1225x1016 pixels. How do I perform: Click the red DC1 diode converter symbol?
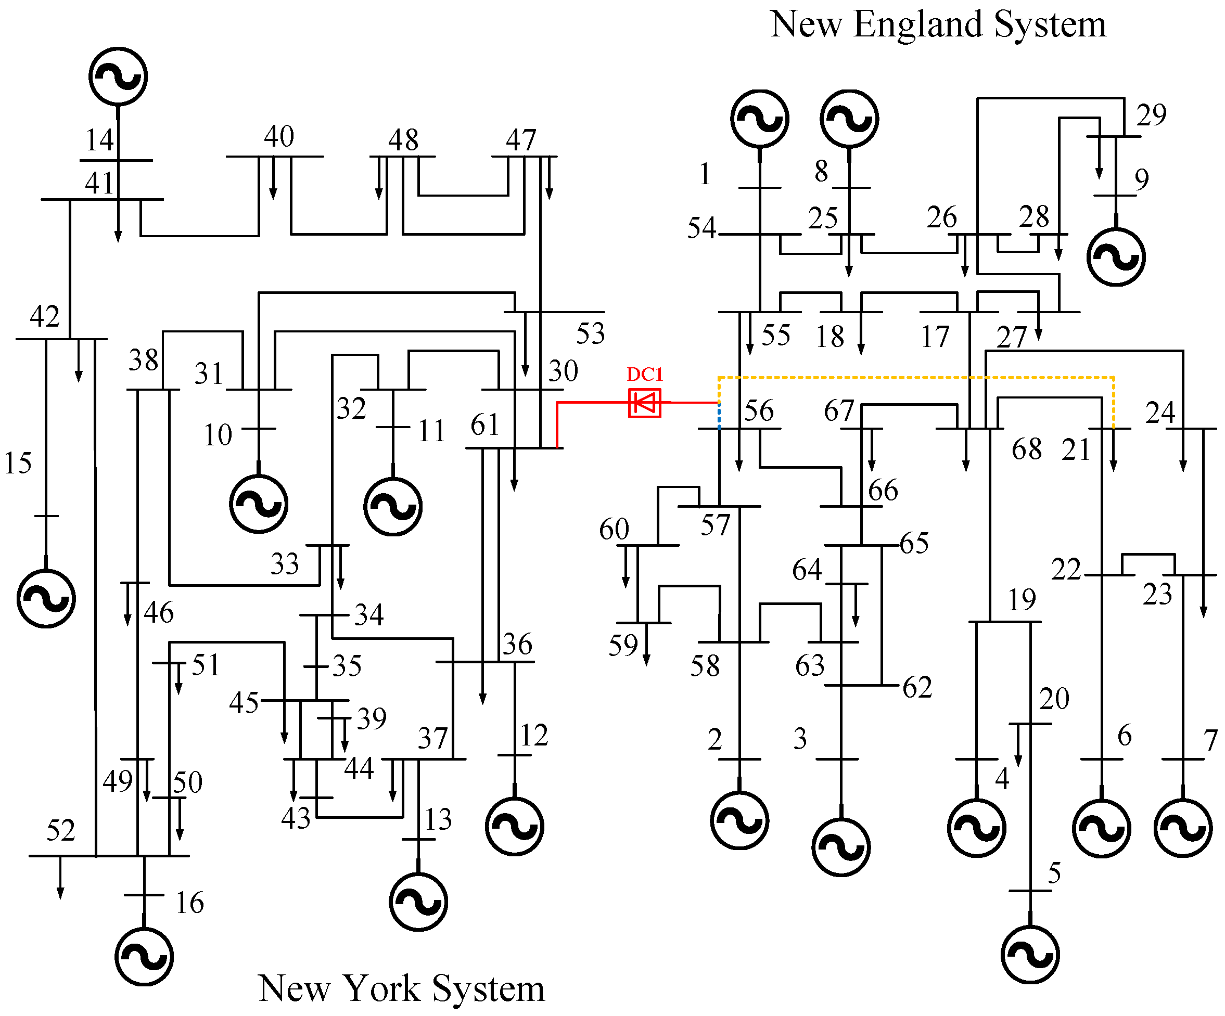644,403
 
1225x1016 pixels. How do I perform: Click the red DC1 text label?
645,374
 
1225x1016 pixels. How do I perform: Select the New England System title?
937,24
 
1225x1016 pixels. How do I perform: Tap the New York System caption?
401,988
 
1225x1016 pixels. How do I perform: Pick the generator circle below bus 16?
144,957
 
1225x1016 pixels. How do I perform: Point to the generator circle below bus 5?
1030,954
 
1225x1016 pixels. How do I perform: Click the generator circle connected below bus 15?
46,598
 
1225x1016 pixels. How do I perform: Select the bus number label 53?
590,333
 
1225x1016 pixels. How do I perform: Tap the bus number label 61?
485,425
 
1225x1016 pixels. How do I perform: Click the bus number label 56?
758,410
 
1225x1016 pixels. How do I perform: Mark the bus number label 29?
1151,115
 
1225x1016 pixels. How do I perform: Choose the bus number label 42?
45,317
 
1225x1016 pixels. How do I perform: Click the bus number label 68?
1027,449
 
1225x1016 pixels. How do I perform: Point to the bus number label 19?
1022,600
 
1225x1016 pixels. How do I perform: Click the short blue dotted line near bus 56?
719,415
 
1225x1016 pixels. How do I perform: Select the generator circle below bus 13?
418,902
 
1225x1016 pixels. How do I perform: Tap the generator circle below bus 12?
515,827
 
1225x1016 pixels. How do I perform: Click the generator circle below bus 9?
1116,256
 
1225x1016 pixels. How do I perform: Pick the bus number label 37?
432,739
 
